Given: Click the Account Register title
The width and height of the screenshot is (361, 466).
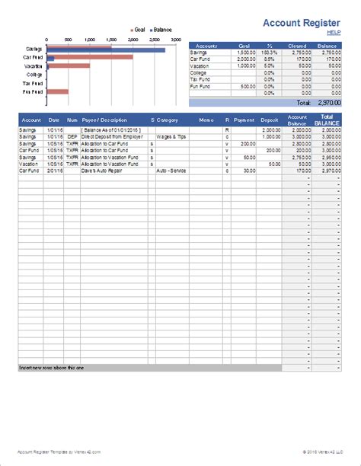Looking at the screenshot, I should point(300,23).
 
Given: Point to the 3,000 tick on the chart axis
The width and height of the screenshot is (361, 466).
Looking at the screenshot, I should point(176,39).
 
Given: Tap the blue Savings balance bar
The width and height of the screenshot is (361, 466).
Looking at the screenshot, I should point(106,50).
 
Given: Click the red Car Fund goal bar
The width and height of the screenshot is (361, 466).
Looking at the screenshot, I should point(90,56).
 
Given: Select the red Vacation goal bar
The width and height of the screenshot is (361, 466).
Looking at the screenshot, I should point(68,65).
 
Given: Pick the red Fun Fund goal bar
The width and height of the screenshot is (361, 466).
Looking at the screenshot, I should point(57,92).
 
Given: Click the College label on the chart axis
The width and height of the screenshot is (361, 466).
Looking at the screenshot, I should point(34,75).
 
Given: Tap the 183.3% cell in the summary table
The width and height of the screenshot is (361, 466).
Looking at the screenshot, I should point(267,52).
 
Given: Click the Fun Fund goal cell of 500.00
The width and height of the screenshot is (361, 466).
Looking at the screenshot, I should point(245,86).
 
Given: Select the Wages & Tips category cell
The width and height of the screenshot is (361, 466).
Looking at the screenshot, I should point(172,137).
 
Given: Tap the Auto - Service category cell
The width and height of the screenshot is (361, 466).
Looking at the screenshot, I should point(174,171).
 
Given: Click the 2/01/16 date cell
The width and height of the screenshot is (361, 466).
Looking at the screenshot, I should point(53,171).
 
